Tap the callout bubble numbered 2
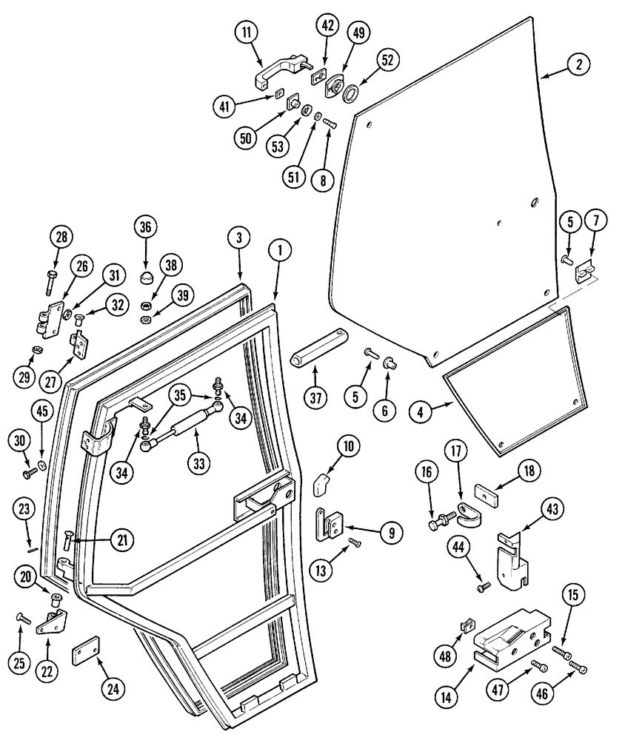[578, 64]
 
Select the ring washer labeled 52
[350, 94]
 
